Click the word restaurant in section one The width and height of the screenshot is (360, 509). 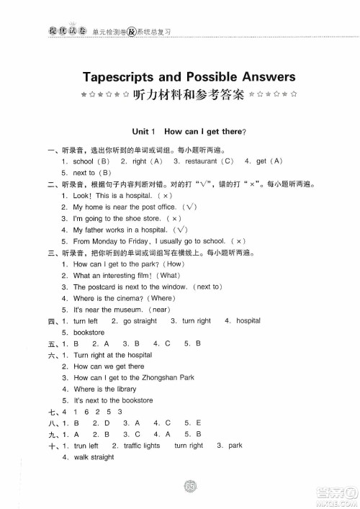tap(202, 161)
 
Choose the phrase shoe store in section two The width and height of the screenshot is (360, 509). tap(147, 218)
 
